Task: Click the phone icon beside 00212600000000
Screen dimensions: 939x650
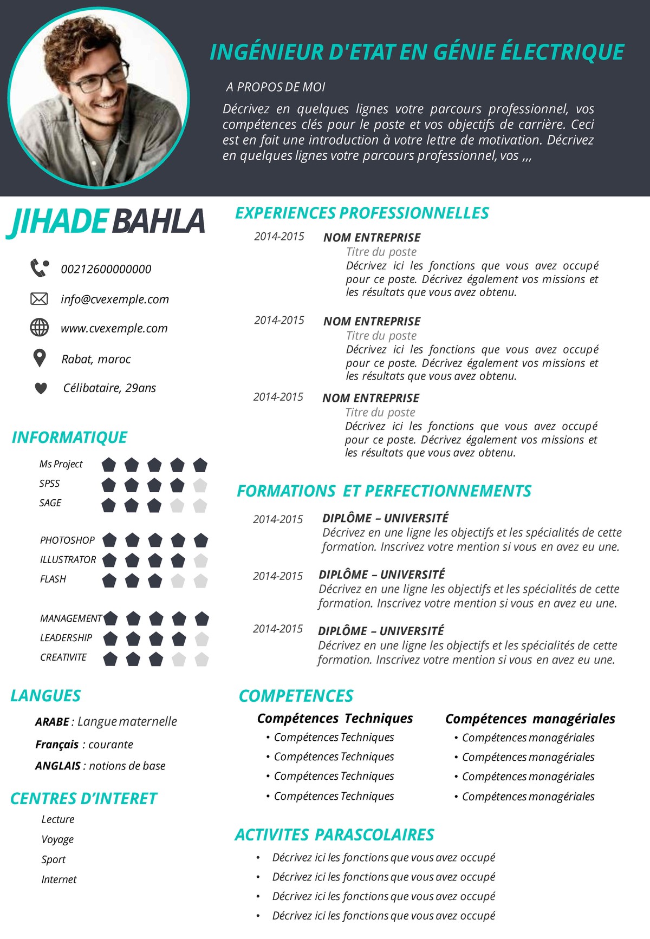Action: point(40,268)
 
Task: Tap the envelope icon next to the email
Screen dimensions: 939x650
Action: point(39,298)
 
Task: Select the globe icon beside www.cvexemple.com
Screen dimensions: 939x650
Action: point(39,328)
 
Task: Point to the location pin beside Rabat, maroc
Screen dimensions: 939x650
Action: point(40,358)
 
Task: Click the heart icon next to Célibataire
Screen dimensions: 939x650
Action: point(41,388)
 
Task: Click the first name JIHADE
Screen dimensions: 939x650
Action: point(58,221)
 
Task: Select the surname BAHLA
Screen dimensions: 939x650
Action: point(158,221)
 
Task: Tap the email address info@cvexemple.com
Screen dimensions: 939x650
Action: point(115,299)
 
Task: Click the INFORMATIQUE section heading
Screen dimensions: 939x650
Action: point(69,437)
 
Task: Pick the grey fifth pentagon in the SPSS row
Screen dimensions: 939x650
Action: point(200,485)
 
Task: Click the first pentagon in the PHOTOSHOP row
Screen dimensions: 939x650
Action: point(110,540)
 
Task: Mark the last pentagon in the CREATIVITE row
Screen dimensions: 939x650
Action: point(201,659)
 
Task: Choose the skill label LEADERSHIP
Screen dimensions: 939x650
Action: point(66,638)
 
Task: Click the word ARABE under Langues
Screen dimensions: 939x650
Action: point(52,722)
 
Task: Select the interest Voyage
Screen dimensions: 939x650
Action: point(57,839)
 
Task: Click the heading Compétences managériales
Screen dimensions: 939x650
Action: point(530,719)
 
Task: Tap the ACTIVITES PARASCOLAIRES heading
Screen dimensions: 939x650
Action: point(334,834)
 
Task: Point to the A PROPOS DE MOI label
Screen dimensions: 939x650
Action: point(276,87)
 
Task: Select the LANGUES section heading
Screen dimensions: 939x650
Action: point(45,696)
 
